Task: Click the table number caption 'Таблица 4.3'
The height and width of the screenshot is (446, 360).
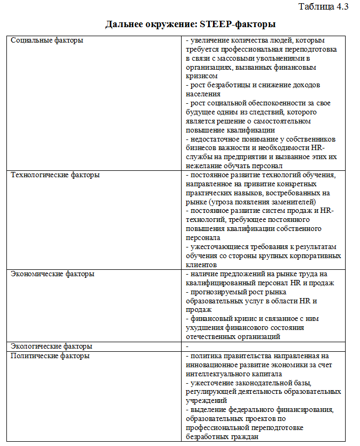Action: pos(323,7)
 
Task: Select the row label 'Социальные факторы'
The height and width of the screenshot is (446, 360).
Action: pos(47,40)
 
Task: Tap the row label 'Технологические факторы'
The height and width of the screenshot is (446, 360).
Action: pos(55,175)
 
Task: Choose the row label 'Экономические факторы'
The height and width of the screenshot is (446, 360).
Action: pos(53,274)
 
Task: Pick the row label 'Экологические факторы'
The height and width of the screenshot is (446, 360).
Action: pos(52,346)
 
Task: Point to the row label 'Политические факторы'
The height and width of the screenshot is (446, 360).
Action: pos(50,356)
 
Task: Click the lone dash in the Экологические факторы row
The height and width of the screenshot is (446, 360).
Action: pos(186,346)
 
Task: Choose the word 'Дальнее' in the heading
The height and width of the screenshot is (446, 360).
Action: pos(124,24)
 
